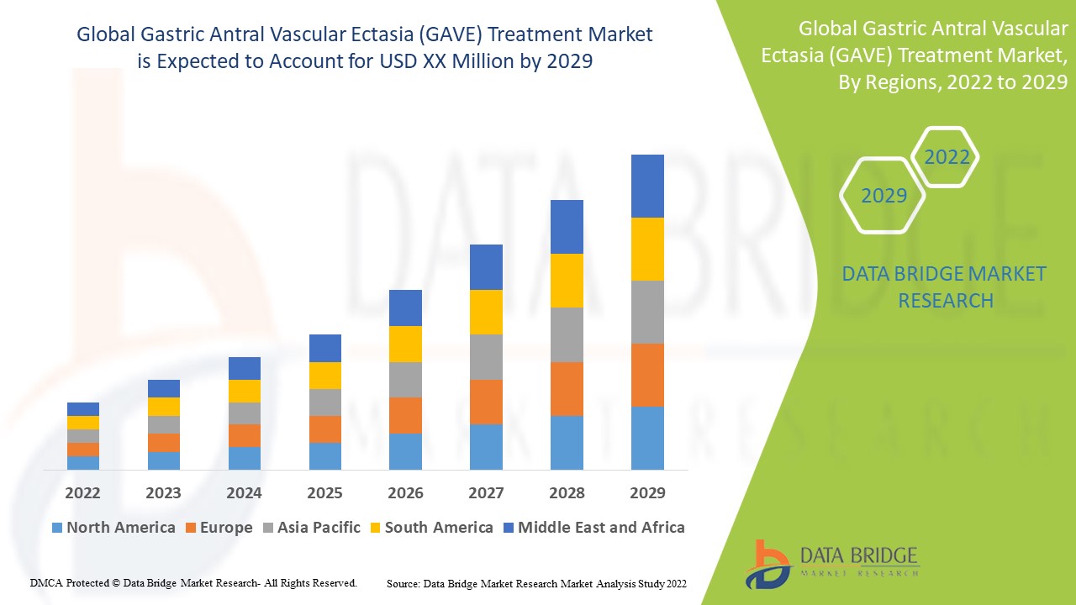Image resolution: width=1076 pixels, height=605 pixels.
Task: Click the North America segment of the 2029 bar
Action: coord(647,438)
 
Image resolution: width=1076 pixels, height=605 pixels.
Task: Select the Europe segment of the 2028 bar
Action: coord(567,388)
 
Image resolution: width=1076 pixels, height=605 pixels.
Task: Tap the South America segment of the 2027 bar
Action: coord(486,312)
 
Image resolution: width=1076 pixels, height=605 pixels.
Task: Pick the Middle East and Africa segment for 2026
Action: coord(405,308)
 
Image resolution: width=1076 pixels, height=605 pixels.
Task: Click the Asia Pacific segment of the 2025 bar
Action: coord(325,402)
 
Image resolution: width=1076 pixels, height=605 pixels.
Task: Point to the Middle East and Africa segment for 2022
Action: coord(83,408)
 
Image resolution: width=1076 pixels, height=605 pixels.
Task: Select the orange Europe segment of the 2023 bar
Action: coord(164,442)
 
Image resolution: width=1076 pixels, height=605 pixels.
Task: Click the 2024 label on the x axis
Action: coord(245,492)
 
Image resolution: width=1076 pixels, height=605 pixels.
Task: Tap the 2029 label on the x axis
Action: coord(647,492)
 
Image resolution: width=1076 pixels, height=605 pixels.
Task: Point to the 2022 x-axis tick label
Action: coord(83,492)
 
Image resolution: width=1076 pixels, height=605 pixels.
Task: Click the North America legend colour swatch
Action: coord(57,528)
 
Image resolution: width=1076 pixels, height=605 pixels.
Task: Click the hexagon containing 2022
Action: coord(947,157)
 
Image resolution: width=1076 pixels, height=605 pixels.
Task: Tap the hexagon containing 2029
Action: coord(883,196)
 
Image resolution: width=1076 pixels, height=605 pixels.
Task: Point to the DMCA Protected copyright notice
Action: coord(193,582)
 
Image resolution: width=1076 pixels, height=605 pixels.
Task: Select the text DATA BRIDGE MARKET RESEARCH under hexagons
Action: coord(945,287)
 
